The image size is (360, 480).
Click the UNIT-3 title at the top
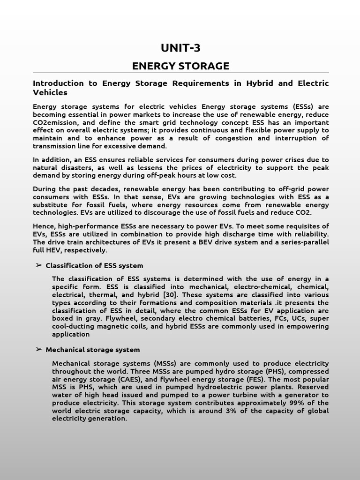pyautogui.click(x=180, y=48)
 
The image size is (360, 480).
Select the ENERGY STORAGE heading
pyautogui.click(x=180, y=66)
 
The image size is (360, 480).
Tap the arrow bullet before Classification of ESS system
pyautogui.click(x=38, y=265)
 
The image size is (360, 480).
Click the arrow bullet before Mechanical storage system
pyautogui.click(x=38, y=350)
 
